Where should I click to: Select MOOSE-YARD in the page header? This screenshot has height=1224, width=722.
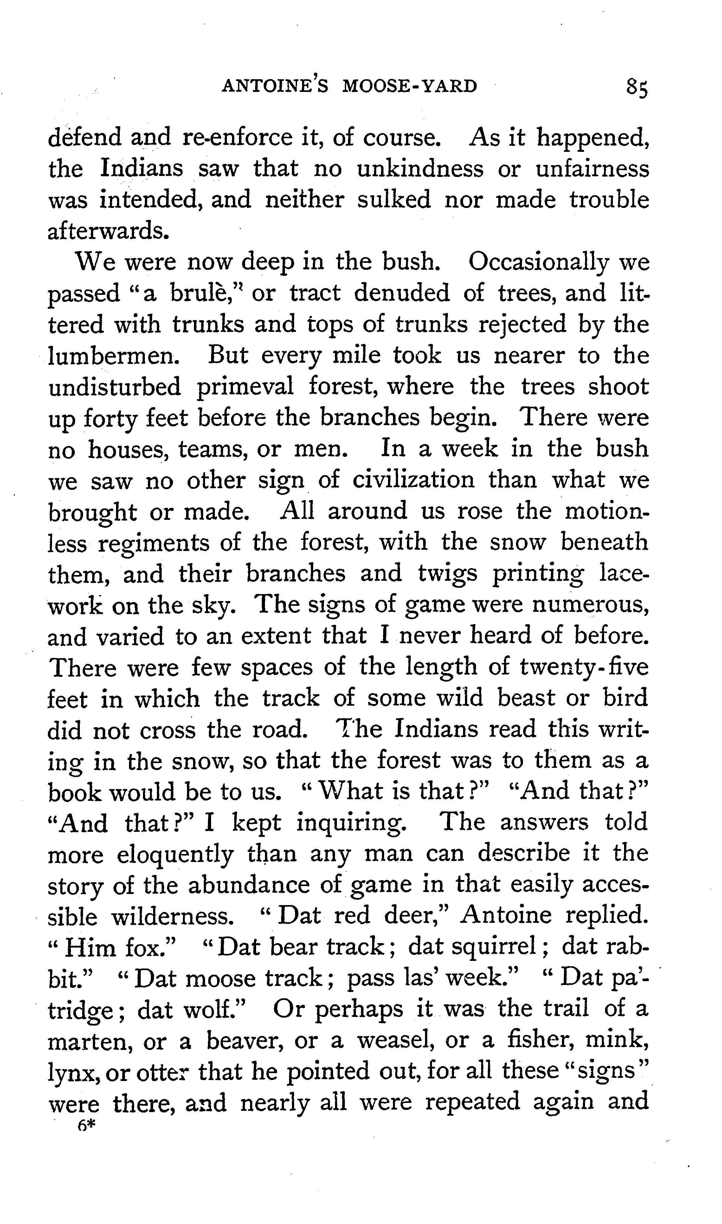(410, 86)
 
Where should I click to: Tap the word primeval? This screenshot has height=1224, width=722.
(245, 387)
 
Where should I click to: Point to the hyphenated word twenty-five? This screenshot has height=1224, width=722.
(584, 667)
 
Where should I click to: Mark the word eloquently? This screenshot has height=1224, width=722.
(175, 855)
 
